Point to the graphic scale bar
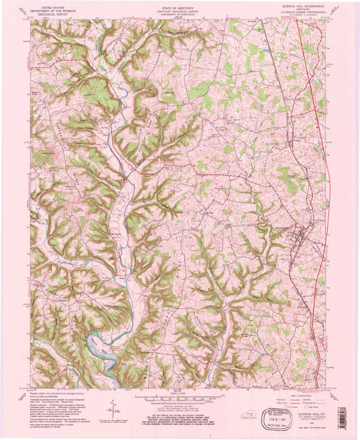pyautogui.click(x=180, y=396)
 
